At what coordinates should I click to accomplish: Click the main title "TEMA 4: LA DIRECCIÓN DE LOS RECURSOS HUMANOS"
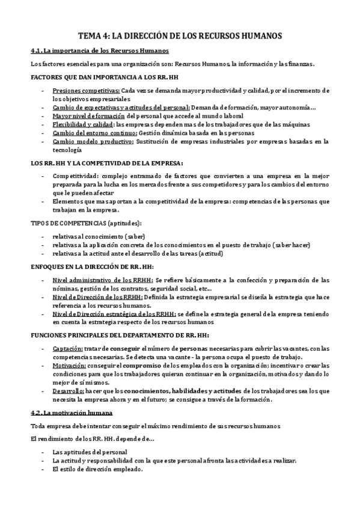[180, 35]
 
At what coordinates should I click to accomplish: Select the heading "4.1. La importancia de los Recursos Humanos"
[99, 51]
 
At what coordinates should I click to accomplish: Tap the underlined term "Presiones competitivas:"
[81, 90]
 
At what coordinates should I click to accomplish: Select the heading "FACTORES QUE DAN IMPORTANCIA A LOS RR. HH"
[105, 78]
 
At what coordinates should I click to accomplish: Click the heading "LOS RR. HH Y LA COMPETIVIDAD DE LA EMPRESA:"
[107, 163]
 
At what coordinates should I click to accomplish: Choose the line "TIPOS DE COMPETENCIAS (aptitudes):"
[91, 223]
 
